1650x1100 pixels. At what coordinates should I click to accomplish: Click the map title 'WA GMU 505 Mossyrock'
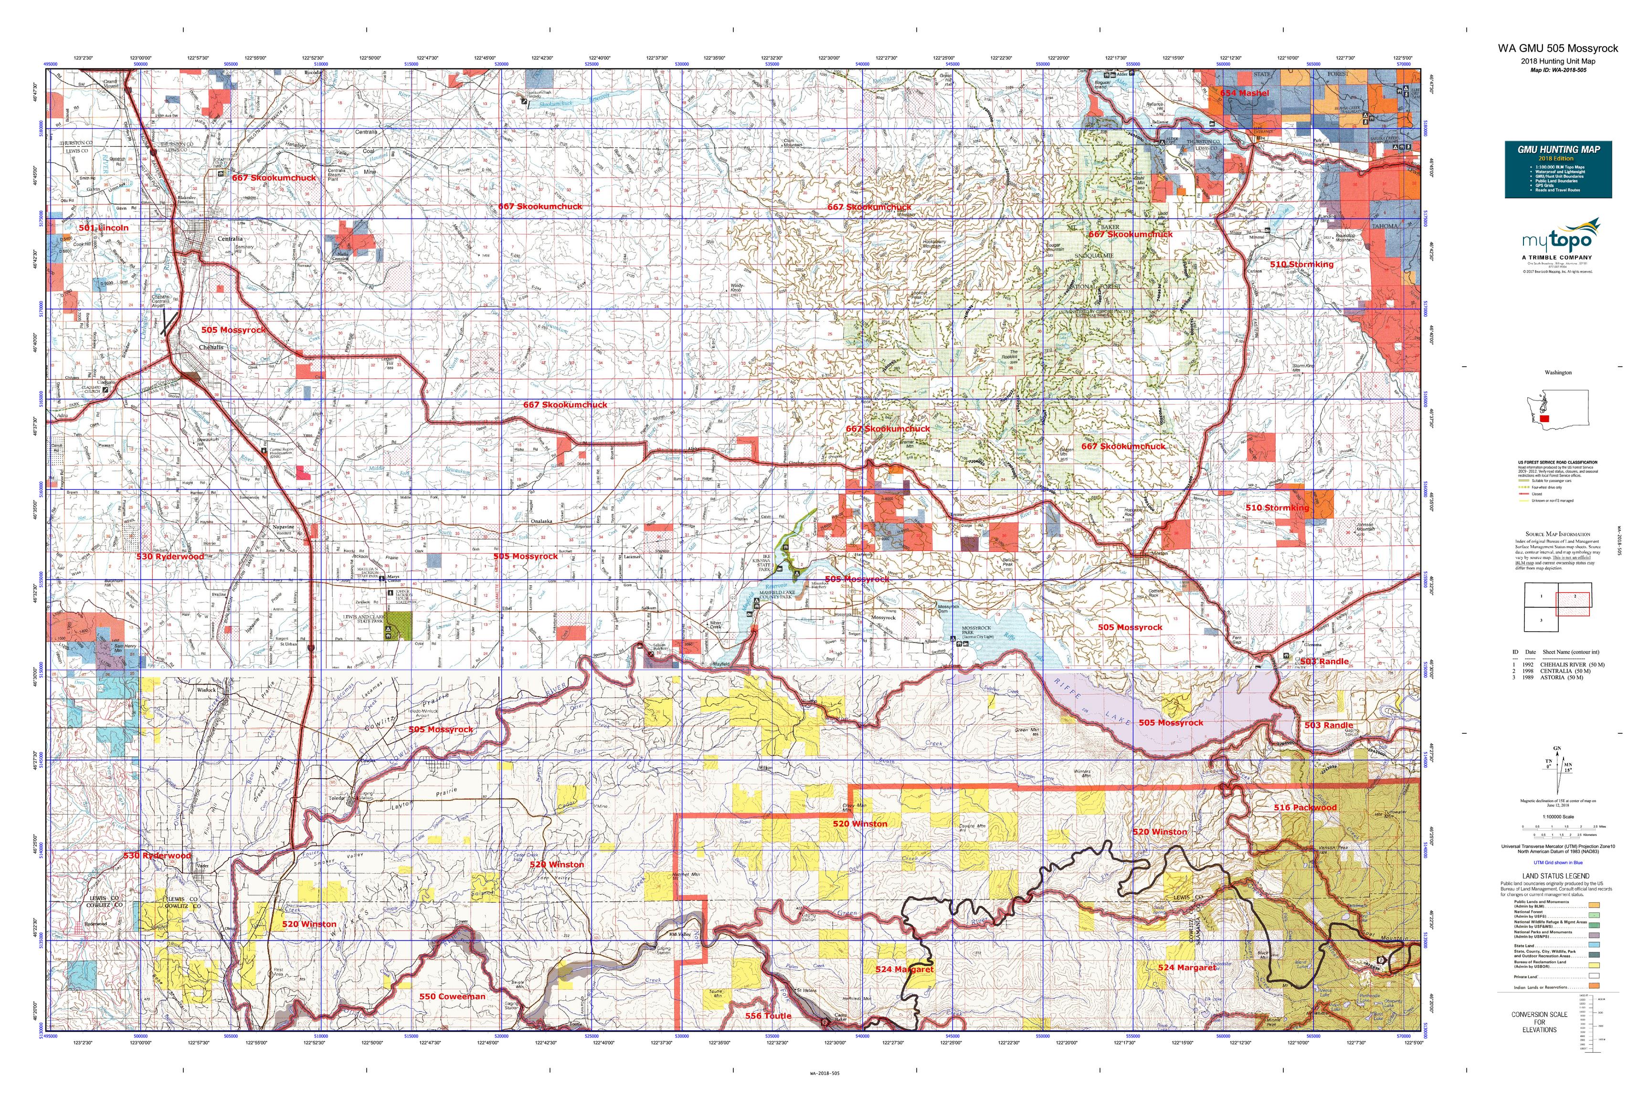1557,48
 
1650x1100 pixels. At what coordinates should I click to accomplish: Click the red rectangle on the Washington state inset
1544,418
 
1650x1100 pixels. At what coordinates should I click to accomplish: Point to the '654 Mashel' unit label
1244,93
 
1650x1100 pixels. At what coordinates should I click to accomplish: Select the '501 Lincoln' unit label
103,228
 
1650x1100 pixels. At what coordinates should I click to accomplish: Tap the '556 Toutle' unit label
768,1016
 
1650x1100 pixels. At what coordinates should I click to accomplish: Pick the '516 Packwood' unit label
1305,807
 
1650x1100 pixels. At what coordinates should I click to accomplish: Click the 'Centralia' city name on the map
230,239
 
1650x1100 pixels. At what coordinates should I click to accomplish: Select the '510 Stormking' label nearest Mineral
1301,264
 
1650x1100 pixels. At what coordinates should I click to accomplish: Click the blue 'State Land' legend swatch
1594,946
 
